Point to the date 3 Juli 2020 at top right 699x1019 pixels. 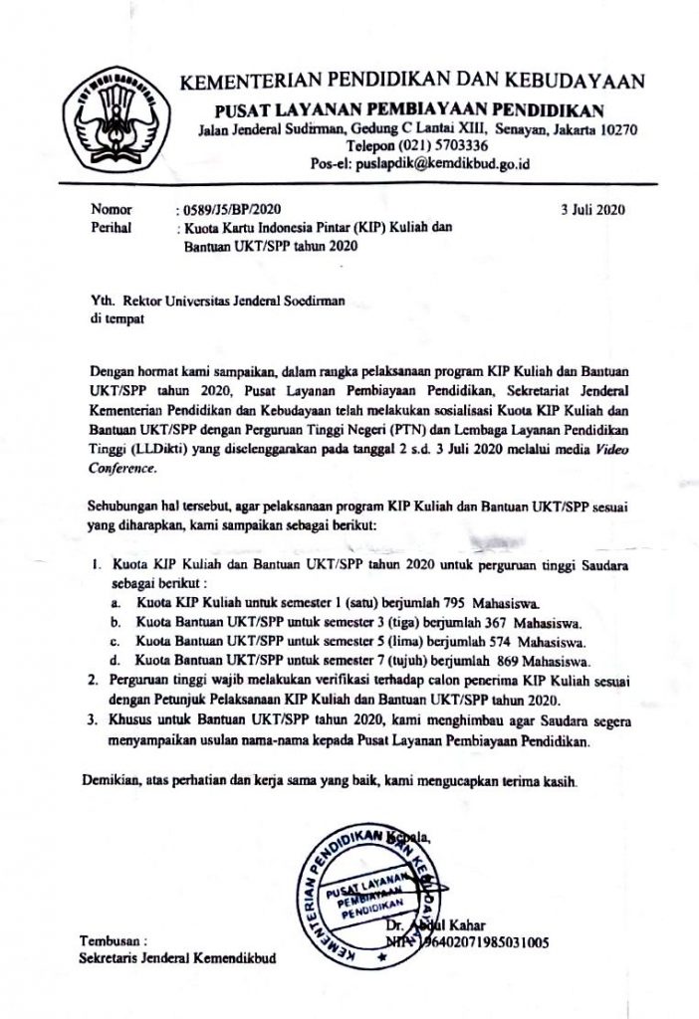(x=595, y=211)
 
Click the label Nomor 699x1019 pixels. (x=111, y=211)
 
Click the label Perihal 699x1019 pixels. (x=112, y=227)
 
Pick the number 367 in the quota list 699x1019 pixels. (x=509, y=621)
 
